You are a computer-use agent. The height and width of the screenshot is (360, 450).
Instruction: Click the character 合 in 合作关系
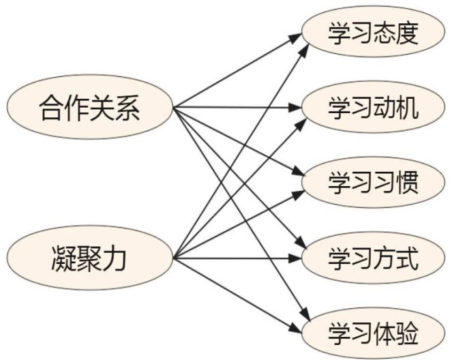click(x=50, y=108)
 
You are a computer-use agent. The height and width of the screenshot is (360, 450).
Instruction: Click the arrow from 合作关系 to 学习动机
click(x=239, y=108)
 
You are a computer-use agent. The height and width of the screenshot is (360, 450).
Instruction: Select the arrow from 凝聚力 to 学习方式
click(x=239, y=259)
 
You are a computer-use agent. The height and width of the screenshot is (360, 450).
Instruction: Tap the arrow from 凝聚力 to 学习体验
click(x=239, y=292)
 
